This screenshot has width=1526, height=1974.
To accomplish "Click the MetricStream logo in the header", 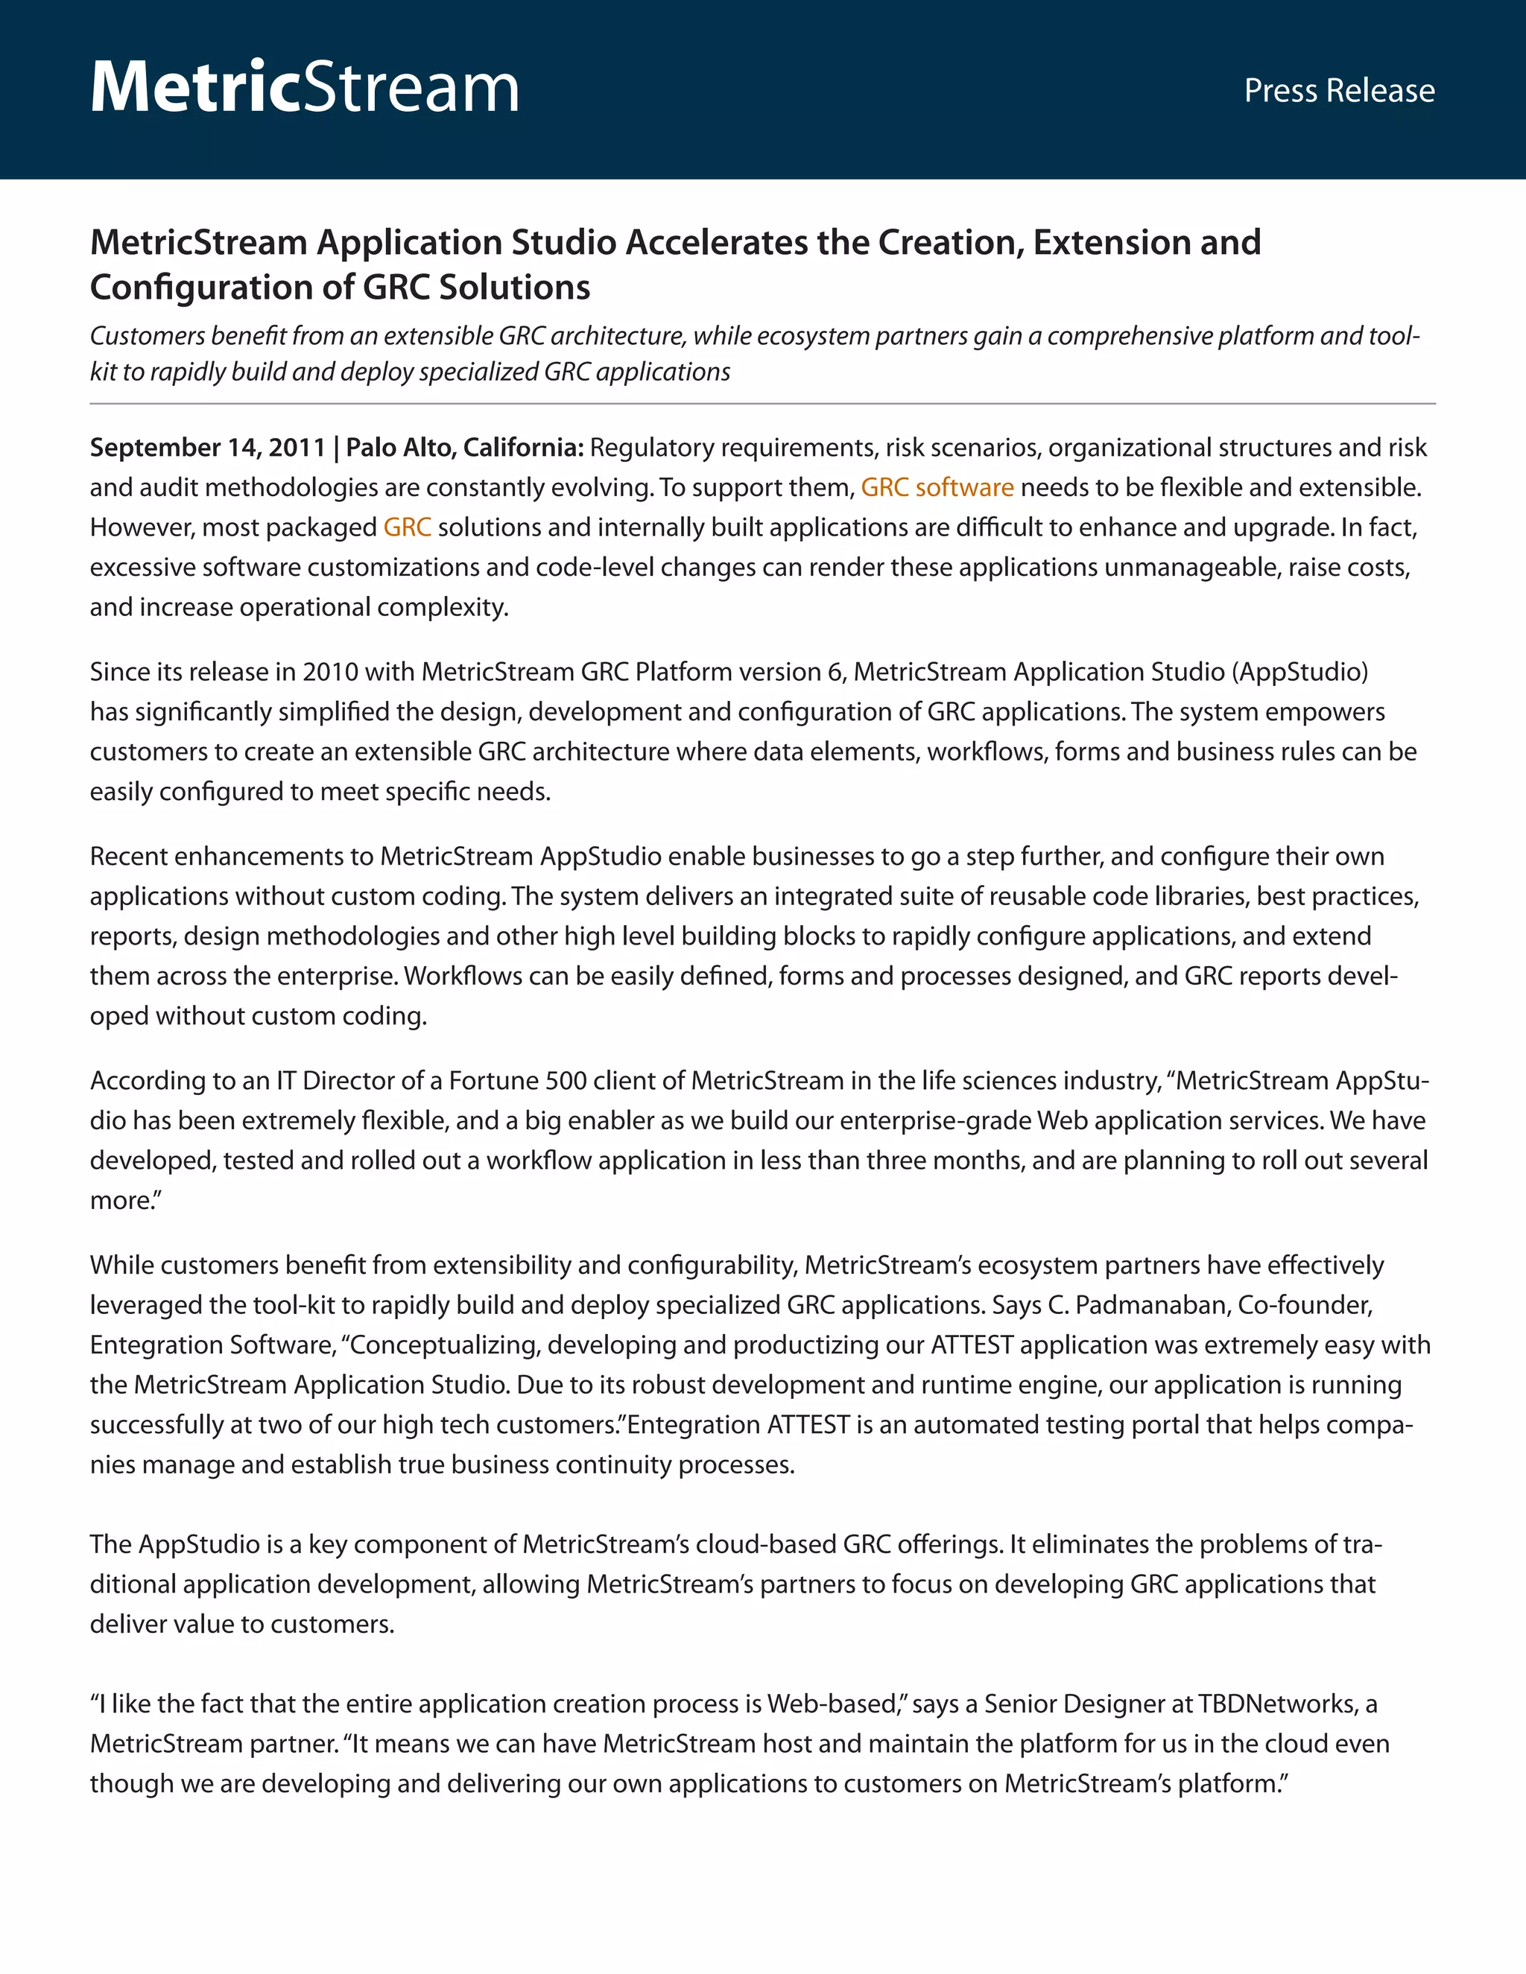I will [x=305, y=88].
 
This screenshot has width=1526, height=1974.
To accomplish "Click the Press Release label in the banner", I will [x=1339, y=90].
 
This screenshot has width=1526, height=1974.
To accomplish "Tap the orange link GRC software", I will [x=937, y=487].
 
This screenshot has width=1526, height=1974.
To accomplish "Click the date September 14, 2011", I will [x=207, y=448].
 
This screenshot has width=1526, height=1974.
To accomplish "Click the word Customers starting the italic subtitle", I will [x=148, y=336].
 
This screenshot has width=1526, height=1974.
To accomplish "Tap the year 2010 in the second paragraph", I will [x=331, y=672].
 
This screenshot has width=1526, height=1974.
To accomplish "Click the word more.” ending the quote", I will [x=124, y=1200].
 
